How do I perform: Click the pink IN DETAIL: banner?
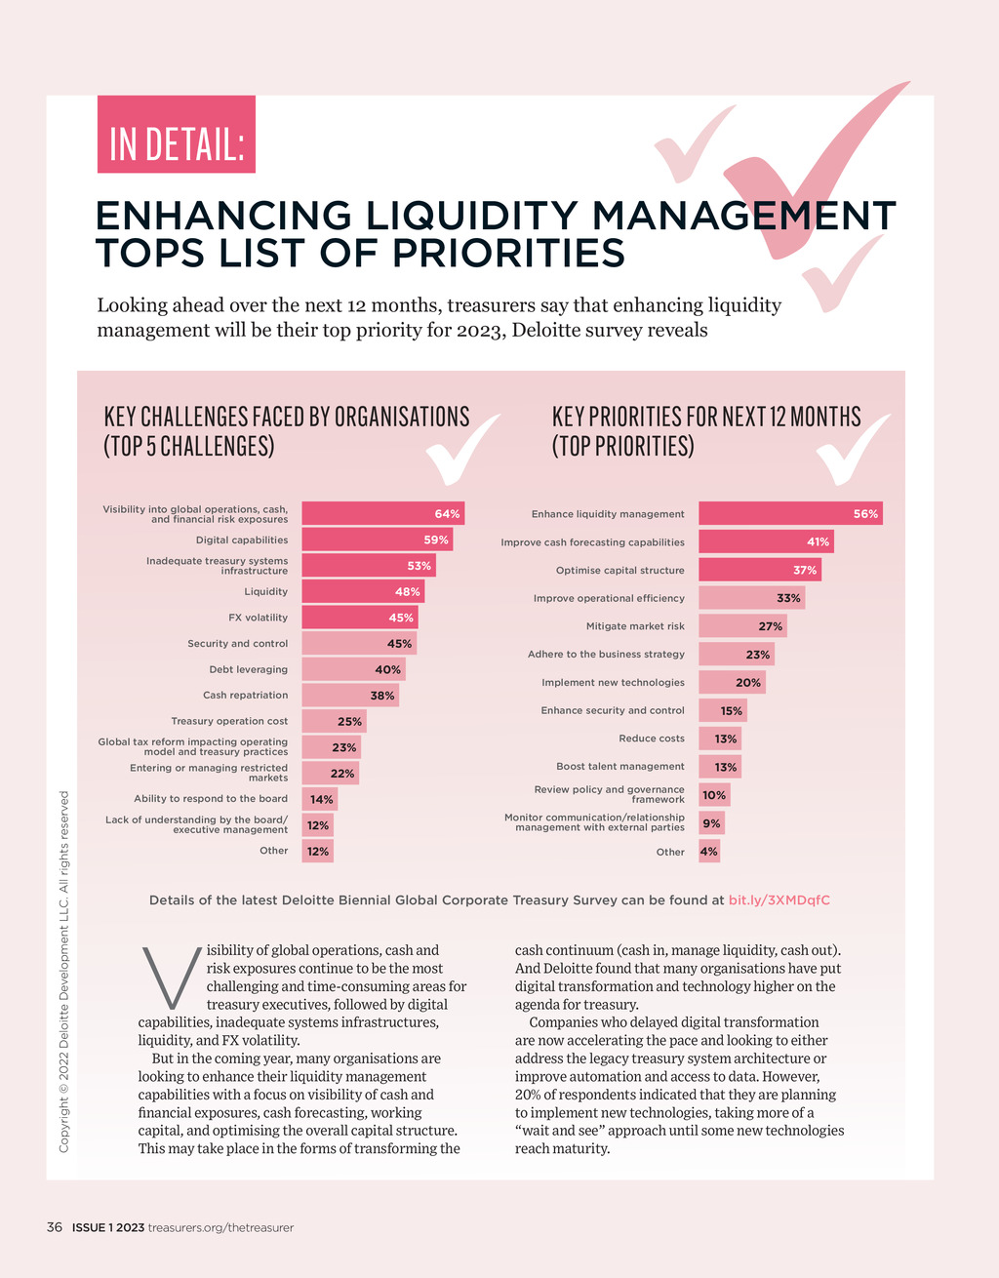coord(176,135)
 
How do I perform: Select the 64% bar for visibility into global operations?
coord(382,513)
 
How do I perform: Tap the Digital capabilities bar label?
coord(241,540)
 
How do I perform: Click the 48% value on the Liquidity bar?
coord(407,591)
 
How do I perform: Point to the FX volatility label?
coord(258,618)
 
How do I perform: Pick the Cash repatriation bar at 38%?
coord(350,696)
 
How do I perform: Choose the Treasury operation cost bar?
coord(333,722)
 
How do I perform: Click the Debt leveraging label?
coord(248,670)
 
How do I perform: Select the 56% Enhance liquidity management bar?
coord(790,513)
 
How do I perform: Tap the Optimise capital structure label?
coord(619,571)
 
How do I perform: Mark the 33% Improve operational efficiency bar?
coord(751,598)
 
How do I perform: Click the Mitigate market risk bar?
coord(742,626)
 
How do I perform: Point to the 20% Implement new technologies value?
coord(748,683)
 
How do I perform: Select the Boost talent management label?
coord(619,767)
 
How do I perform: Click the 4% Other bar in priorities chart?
coord(709,852)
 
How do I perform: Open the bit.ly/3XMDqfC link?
coord(779,900)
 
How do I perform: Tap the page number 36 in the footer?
coord(55,1227)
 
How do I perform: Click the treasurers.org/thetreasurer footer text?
coord(220,1227)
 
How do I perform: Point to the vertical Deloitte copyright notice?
coord(64,971)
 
